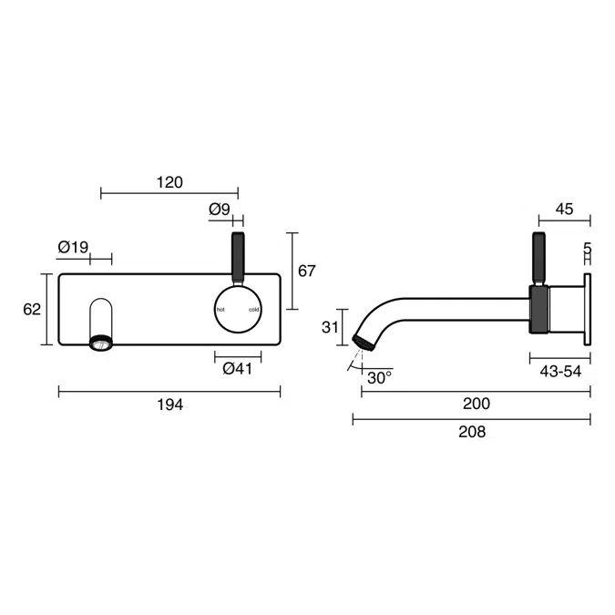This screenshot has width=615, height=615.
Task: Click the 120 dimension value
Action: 169,182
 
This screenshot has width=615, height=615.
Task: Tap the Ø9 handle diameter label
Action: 220,210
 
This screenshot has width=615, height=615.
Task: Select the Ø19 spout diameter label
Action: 73,247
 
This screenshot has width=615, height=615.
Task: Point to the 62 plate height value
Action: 32,309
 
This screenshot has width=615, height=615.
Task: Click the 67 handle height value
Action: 306,271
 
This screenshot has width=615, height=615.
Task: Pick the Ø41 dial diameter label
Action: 237,368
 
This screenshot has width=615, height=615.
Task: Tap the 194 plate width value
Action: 169,405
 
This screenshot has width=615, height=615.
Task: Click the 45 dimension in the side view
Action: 564,209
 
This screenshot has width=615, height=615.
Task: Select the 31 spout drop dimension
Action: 331,327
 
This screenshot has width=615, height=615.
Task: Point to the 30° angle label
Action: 379,375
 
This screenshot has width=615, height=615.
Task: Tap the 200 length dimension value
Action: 476,404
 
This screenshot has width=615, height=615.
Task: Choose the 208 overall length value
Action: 471,432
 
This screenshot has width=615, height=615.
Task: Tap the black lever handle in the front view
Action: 239,257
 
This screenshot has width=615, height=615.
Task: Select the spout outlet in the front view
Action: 100,343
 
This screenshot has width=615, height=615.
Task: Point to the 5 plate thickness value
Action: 587,248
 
